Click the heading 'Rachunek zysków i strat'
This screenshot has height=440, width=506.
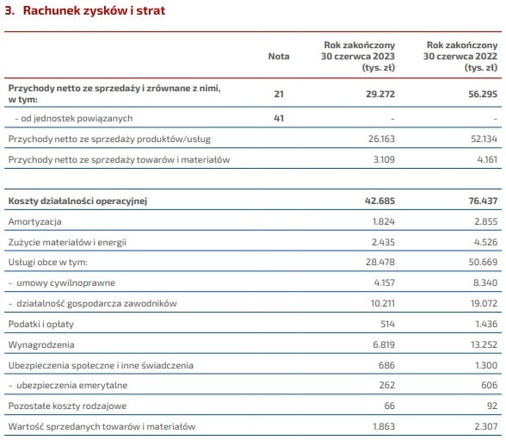pos(94,10)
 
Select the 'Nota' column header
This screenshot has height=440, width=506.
pos(279,56)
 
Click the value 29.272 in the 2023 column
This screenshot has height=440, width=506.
pos(380,94)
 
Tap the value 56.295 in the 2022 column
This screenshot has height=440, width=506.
pos(483,94)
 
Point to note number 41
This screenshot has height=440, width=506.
pos(279,118)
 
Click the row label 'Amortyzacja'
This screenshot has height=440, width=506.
pos(34,222)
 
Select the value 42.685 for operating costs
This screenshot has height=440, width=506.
pos(379,201)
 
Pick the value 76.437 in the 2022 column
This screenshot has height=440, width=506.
pos(483,201)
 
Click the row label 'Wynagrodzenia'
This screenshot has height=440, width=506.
pos(41,344)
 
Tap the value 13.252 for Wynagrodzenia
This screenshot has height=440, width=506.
pos(484,344)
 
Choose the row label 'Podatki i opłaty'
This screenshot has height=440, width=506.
pos(41,324)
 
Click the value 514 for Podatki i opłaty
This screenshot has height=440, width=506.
pos(387,324)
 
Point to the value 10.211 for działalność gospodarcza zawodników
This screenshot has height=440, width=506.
pos(383,303)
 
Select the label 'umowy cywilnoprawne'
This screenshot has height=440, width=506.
pos(65,283)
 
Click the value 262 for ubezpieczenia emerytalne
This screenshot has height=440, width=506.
pos(387,385)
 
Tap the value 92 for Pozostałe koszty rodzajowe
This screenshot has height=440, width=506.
pos(492,406)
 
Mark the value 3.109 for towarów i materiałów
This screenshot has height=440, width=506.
pos(384,159)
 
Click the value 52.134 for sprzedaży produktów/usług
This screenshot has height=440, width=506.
pos(484,139)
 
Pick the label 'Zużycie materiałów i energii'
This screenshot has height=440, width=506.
pos(67,243)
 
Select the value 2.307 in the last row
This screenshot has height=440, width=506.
pos(486,426)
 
